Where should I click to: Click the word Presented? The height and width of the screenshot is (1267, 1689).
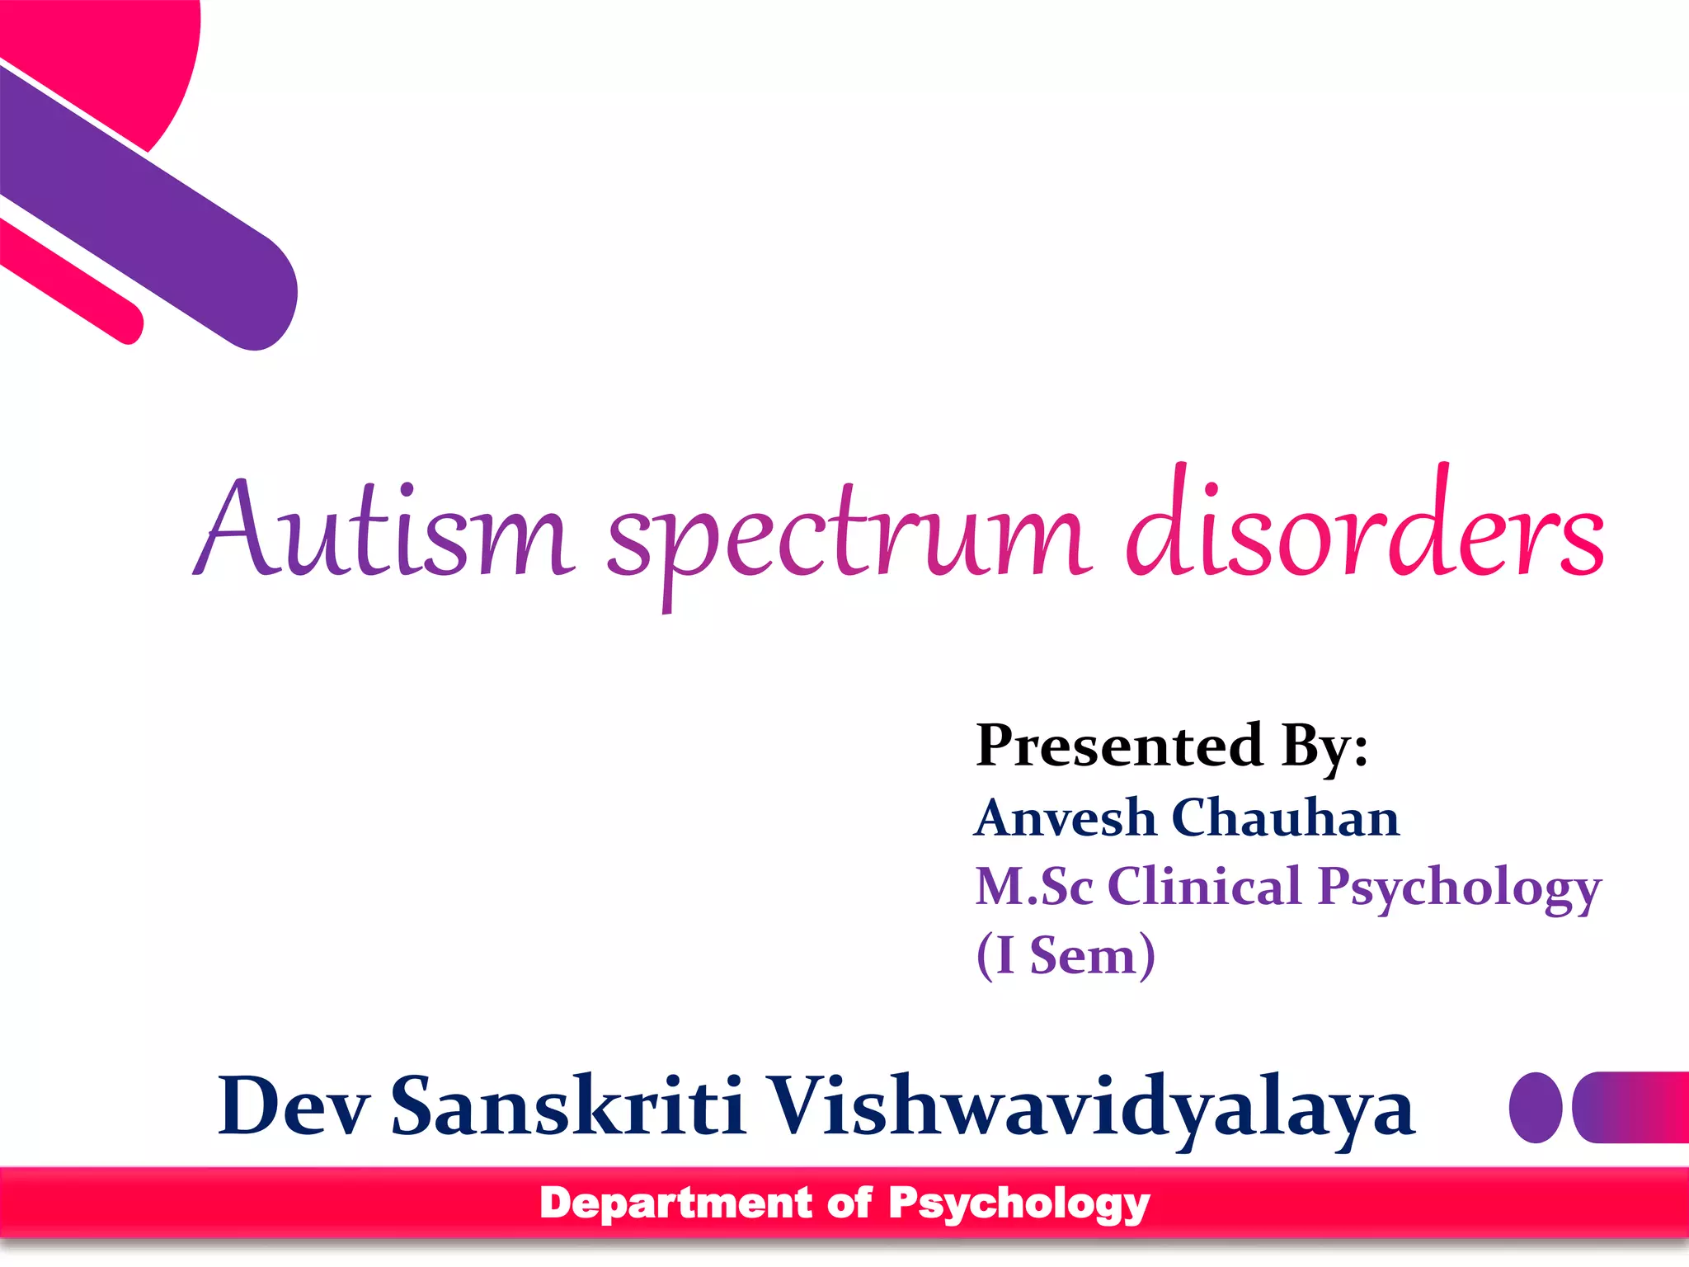(1119, 746)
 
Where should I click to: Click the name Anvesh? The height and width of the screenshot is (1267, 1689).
(1066, 818)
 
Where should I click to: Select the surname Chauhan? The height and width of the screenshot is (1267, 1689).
(1285, 818)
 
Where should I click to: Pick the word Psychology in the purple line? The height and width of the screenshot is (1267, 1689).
(1460, 889)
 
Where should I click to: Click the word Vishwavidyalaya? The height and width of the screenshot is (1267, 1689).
(1092, 1108)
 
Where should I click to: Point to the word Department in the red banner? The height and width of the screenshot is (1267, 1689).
(676, 1203)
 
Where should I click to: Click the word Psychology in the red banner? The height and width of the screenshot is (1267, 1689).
(1019, 1204)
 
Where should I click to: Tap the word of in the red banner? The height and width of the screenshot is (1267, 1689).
(849, 1203)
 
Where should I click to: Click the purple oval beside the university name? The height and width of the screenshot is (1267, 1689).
(1535, 1107)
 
